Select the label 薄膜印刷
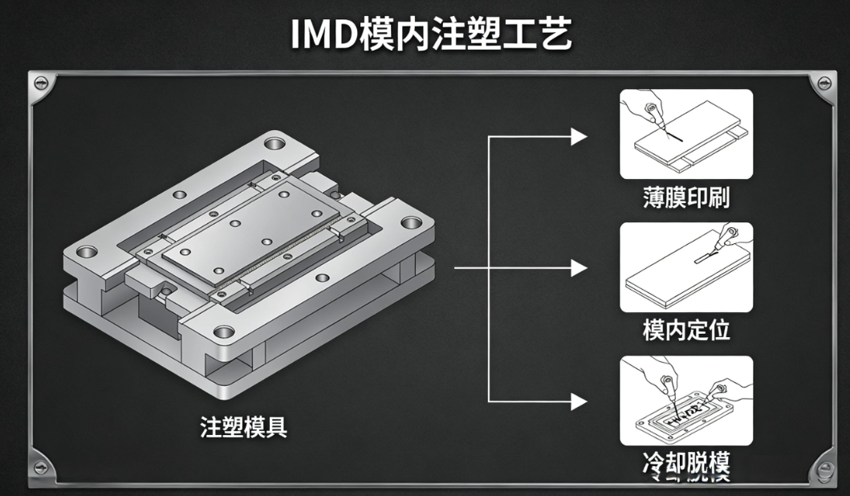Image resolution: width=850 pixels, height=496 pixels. click(x=686, y=198)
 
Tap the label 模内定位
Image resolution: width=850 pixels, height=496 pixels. click(x=686, y=330)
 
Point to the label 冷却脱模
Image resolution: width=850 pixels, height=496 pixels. click(x=686, y=463)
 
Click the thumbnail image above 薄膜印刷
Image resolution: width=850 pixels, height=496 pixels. click(x=686, y=134)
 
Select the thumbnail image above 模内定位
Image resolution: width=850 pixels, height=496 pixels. click(x=686, y=267)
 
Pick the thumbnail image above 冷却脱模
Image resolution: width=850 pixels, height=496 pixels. click(x=686, y=400)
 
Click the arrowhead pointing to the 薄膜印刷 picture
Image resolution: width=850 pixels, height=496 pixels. click(x=580, y=136)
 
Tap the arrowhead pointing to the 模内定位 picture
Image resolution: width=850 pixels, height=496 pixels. click(x=580, y=268)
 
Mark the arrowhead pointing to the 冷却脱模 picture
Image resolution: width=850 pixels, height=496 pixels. click(x=580, y=400)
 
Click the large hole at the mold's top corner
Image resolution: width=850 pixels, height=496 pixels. click(x=275, y=144)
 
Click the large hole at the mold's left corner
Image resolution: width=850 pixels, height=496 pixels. click(x=84, y=253)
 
